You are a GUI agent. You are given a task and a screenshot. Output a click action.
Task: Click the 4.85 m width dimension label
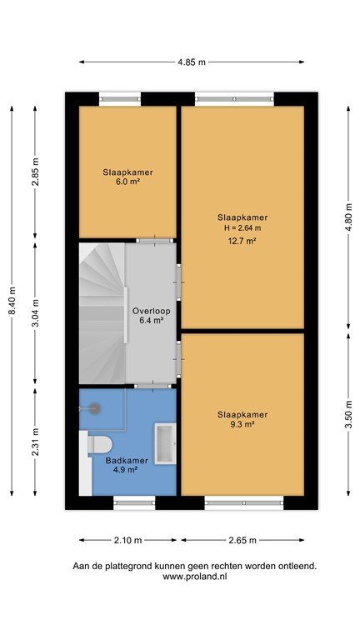[x=191, y=62]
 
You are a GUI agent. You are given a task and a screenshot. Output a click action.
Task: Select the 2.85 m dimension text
[x=35, y=174]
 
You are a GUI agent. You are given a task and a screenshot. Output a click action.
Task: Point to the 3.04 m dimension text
[x=35, y=315]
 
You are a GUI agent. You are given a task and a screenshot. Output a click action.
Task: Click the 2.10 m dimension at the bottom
[x=127, y=539]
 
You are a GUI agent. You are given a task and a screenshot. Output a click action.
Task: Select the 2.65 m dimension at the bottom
[x=242, y=539]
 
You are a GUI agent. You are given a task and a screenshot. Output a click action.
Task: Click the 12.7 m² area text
[x=242, y=242]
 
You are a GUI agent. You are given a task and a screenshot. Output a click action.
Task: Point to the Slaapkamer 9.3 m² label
[x=242, y=419]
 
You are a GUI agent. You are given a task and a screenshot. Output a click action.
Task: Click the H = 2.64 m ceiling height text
[x=242, y=228]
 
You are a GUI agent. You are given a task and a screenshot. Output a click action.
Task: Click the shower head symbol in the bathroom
[x=94, y=408]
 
